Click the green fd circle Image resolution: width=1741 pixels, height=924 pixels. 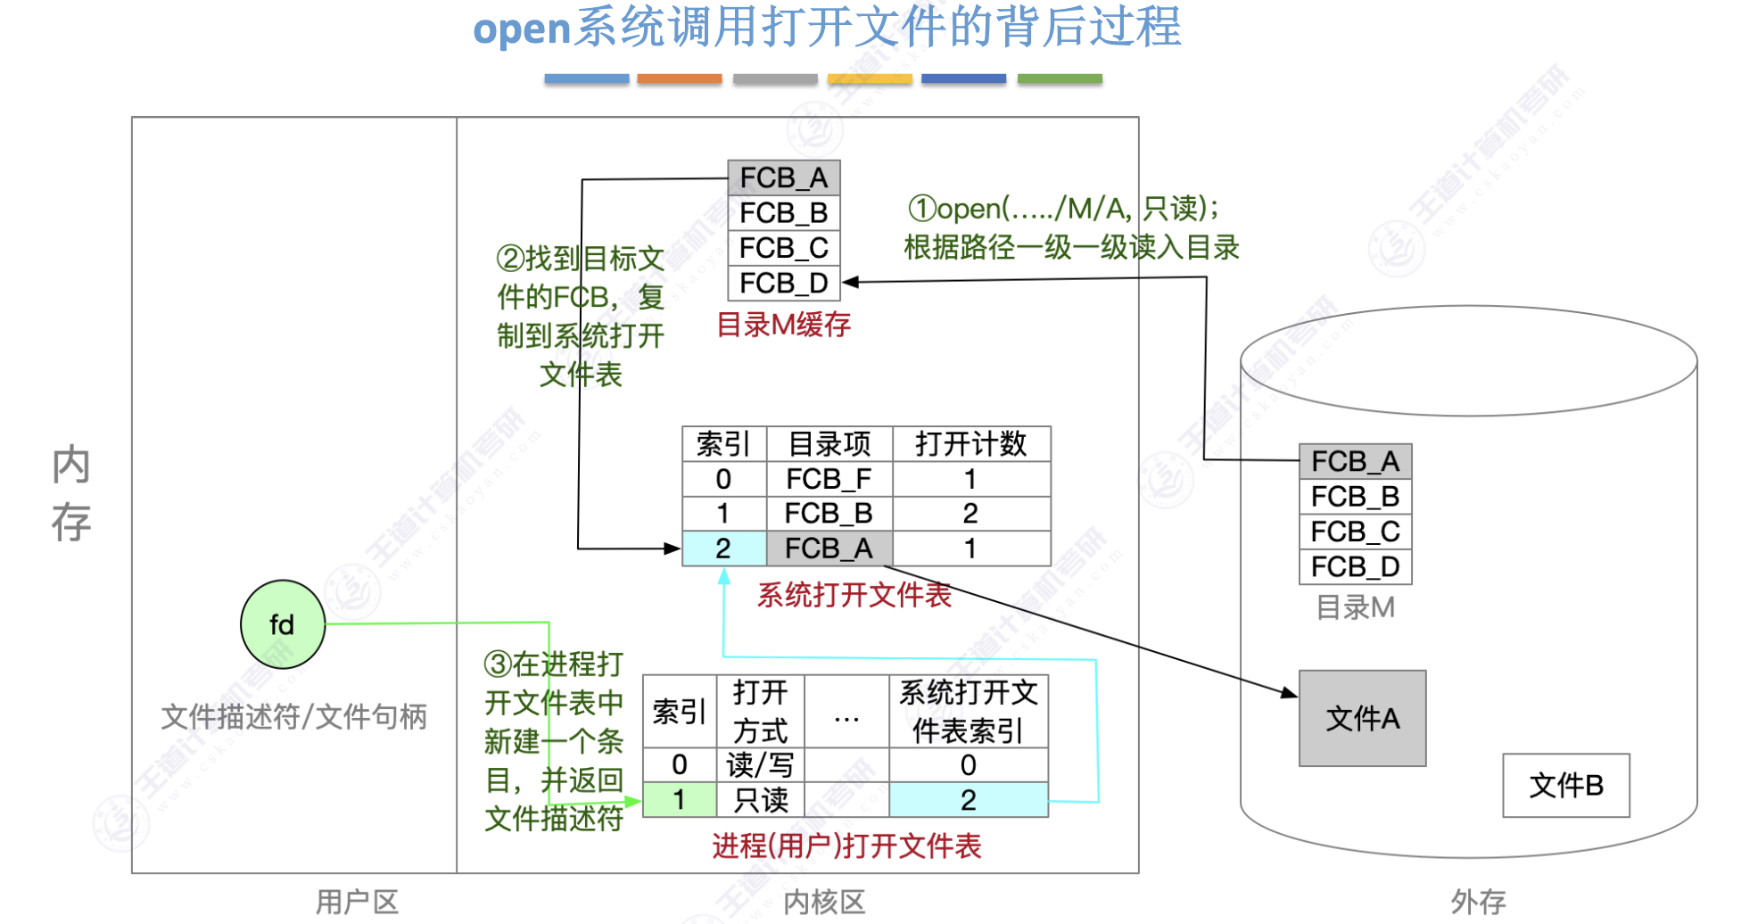click(x=282, y=624)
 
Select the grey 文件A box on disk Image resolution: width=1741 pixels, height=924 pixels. click(x=1362, y=718)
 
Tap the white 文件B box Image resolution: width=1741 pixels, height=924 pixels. click(x=1565, y=785)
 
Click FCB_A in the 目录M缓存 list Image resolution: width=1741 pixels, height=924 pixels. click(x=784, y=177)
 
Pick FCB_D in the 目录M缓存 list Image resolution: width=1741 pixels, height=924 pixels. click(x=784, y=283)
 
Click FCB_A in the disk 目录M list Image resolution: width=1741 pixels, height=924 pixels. click(x=1355, y=461)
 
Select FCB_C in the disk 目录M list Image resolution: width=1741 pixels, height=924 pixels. click(x=1355, y=532)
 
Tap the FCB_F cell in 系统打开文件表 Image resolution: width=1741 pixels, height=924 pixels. click(x=829, y=479)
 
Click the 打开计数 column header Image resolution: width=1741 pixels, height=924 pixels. click(x=970, y=443)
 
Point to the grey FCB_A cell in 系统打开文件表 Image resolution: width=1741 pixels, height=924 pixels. click(x=829, y=549)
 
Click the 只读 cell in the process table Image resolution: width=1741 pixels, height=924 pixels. click(x=760, y=800)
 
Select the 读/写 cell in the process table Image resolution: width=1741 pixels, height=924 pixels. click(x=760, y=764)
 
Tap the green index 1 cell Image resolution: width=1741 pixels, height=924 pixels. click(x=679, y=800)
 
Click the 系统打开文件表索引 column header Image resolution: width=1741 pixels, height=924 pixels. click(x=968, y=711)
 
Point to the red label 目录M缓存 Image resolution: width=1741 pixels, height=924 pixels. click(x=783, y=325)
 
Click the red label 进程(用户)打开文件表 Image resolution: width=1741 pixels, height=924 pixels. click(x=846, y=846)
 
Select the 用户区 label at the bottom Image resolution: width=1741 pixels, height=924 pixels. click(x=357, y=902)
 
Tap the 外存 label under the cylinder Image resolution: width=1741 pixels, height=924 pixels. click(x=1477, y=902)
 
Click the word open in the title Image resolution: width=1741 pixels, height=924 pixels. click(x=521, y=29)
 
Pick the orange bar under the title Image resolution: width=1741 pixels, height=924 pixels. click(x=679, y=79)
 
